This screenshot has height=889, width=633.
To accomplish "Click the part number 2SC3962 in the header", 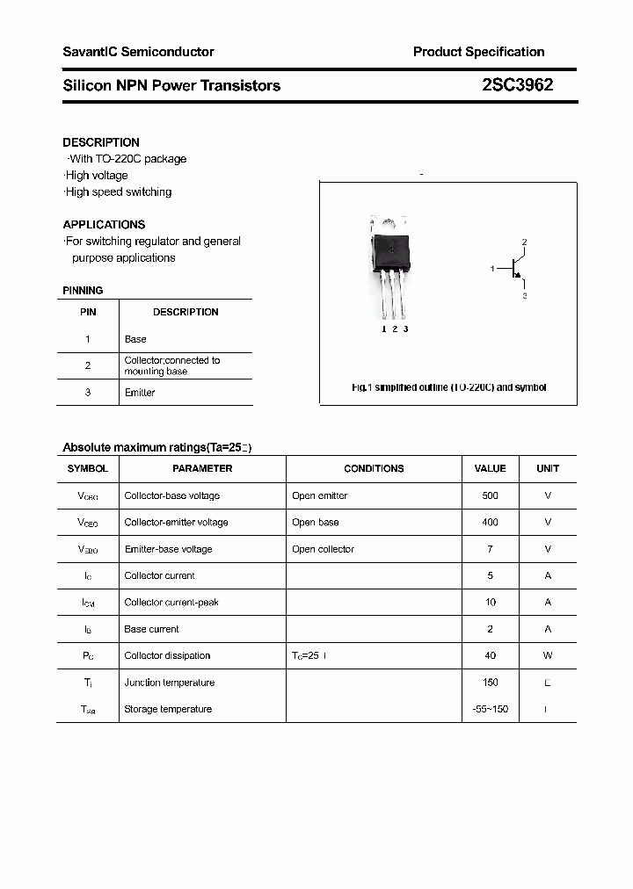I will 517,85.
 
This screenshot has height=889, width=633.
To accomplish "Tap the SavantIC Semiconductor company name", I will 138,52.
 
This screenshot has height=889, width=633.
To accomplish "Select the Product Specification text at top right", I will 478,52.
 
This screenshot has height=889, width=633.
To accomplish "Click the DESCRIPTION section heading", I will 101,142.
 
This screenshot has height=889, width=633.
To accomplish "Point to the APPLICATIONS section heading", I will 104,225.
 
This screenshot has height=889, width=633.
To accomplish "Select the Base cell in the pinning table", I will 135,339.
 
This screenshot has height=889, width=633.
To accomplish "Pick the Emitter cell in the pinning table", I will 140,393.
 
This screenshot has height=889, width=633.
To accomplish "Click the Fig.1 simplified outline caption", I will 448,387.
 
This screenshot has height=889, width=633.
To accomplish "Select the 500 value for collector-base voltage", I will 490,496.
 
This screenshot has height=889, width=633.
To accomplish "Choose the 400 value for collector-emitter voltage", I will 490,523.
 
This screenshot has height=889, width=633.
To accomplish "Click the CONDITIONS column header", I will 374,469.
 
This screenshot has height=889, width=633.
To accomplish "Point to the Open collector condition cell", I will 323,550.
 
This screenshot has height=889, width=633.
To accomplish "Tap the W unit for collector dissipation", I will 548,656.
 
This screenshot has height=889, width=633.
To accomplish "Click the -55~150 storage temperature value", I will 490,710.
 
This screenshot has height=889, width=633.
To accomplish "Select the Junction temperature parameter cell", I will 169,683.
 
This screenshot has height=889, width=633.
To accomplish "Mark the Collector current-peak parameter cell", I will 171,603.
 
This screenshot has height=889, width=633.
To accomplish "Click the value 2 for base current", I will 490,630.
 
